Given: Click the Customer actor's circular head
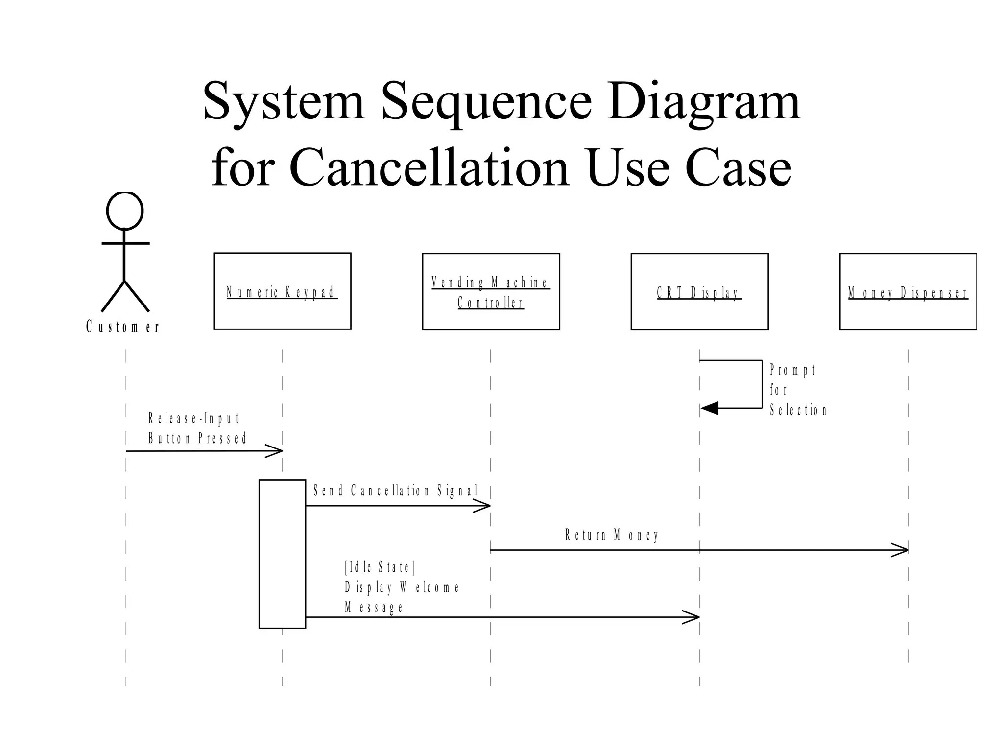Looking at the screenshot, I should point(125,211).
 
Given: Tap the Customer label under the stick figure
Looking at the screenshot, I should point(123,327).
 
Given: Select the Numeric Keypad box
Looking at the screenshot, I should point(282,291).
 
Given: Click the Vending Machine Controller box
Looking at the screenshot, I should point(491,292).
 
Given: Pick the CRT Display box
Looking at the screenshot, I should point(699,292).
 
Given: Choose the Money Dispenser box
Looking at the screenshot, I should point(908,292).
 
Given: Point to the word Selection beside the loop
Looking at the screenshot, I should point(798,410).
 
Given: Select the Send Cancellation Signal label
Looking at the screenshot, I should point(395,491).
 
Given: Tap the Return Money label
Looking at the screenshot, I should point(612,535).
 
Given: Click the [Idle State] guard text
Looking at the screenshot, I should point(380,567).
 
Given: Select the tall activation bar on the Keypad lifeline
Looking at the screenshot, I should point(282,554).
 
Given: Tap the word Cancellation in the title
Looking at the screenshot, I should point(430,168).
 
